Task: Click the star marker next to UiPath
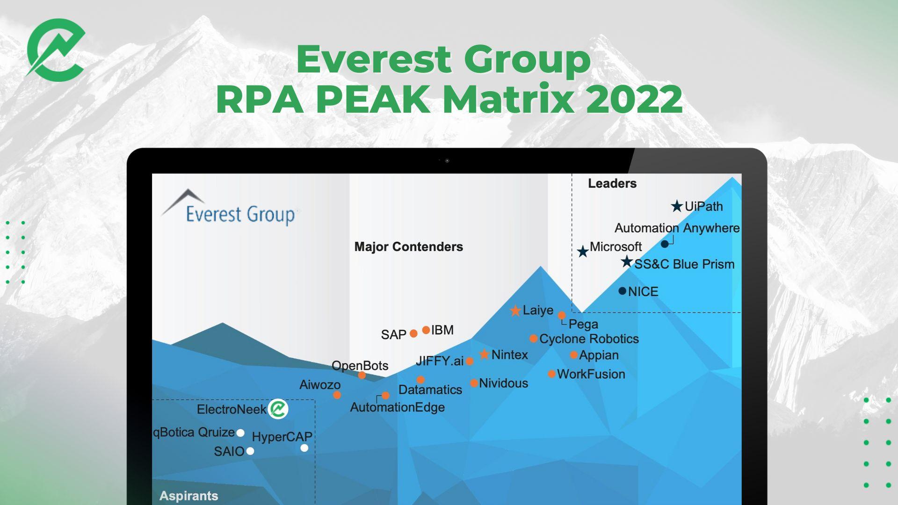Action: point(677,206)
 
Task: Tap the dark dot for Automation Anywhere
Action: point(665,244)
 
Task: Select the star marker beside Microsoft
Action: point(583,252)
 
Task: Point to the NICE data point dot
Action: point(622,291)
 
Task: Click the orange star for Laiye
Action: point(515,310)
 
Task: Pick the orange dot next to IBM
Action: point(426,330)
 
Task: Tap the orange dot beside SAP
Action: point(413,333)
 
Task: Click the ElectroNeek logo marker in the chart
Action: point(278,409)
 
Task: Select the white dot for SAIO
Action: point(250,451)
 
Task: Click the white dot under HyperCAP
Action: point(304,448)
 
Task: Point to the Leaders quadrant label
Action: point(612,183)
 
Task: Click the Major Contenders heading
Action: point(409,247)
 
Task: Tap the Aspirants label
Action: point(189,496)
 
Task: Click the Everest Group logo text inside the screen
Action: point(240,215)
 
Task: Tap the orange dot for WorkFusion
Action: point(552,374)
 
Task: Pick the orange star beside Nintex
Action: point(485,354)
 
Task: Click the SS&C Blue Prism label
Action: point(684,264)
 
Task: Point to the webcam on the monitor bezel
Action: point(447,160)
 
